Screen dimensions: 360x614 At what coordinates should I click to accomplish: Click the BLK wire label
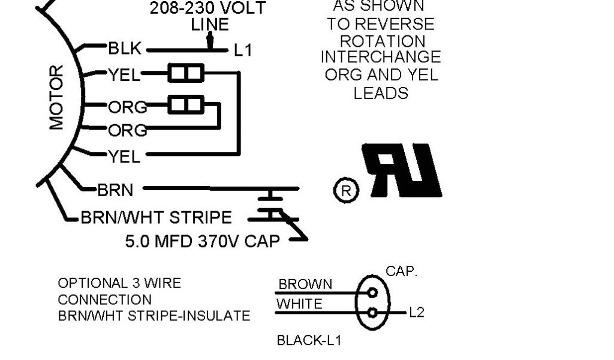pyautogui.click(x=124, y=48)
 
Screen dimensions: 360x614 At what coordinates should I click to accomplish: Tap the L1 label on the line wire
pyautogui.click(x=242, y=50)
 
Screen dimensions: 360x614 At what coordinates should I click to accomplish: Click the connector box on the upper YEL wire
pyautogui.click(x=186, y=74)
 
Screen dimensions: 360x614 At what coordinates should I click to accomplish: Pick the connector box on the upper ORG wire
pyautogui.click(x=186, y=105)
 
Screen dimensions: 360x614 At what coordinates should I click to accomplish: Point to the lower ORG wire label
pyautogui.click(x=127, y=130)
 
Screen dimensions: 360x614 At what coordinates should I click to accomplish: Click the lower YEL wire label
pyautogui.click(x=124, y=157)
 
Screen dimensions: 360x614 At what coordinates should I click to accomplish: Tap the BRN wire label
pyautogui.click(x=115, y=190)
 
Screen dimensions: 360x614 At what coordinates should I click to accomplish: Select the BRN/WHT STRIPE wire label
pyautogui.click(x=156, y=217)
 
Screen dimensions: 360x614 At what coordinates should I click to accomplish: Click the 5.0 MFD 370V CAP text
pyautogui.click(x=203, y=241)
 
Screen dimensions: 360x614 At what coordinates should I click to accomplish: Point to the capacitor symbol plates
pyautogui.click(x=273, y=204)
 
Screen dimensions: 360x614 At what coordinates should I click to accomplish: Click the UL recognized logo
pyautogui.click(x=405, y=171)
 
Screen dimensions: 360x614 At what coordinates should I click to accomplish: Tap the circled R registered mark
pyautogui.click(x=345, y=191)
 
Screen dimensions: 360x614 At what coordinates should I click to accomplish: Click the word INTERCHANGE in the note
pyautogui.click(x=381, y=58)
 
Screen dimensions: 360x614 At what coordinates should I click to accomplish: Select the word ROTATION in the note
pyautogui.click(x=383, y=41)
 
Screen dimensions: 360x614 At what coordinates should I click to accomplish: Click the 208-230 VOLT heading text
pyautogui.click(x=207, y=9)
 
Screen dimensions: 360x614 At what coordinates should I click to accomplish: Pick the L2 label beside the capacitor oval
pyautogui.click(x=416, y=313)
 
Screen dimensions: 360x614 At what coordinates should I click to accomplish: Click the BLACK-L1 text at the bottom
pyautogui.click(x=309, y=341)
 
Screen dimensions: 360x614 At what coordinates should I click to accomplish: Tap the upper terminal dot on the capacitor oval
pyautogui.click(x=373, y=293)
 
